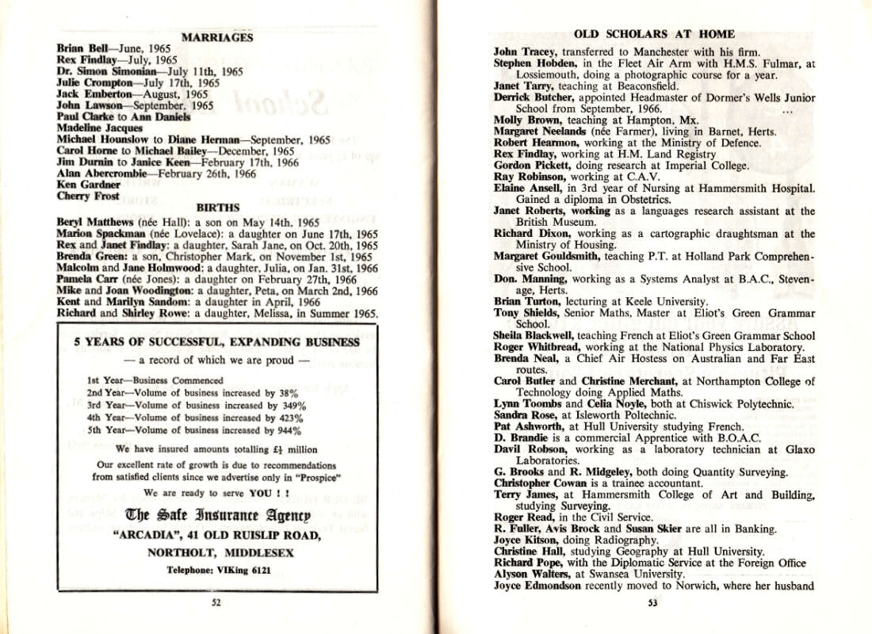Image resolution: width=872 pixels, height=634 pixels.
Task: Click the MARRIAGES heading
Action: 217,37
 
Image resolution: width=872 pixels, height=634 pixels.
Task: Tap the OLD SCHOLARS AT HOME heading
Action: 653,34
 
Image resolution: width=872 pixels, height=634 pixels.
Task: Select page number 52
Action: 216,602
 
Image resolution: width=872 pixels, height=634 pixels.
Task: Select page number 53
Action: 652,602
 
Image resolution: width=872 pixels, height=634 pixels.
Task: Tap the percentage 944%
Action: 288,430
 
